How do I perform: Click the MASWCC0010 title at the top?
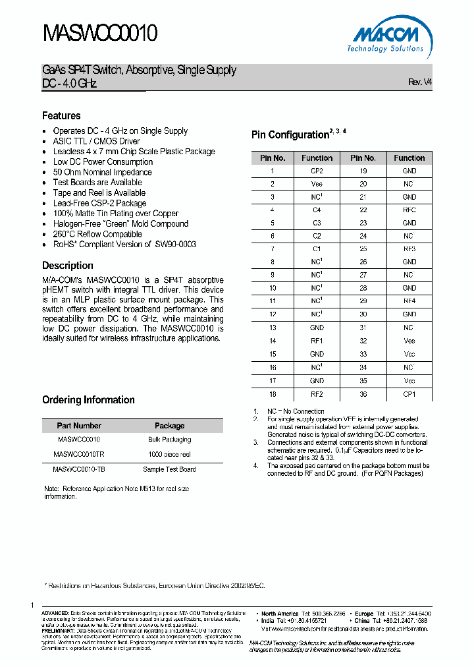[x=99, y=33]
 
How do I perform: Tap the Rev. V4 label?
[x=420, y=82]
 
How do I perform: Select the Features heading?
[x=61, y=115]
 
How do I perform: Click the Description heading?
[x=68, y=266]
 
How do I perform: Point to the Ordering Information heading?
[x=88, y=400]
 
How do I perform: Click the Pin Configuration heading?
[x=290, y=135]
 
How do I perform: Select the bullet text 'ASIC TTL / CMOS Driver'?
[x=96, y=141]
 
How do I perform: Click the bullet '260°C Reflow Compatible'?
[x=97, y=234]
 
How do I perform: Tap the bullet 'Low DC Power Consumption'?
[x=103, y=161]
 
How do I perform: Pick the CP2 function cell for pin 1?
[x=317, y=171]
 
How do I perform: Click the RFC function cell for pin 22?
[x=409, y=210]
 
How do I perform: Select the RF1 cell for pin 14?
[x=317, y=341]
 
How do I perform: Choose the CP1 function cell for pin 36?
[x=409, y=393]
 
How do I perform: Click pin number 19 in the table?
[x=363, y=171]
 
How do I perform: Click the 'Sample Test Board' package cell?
[x=169, y=469]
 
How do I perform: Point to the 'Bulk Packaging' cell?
[x=169, y=440]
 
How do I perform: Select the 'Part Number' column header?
[x=79, y=426]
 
